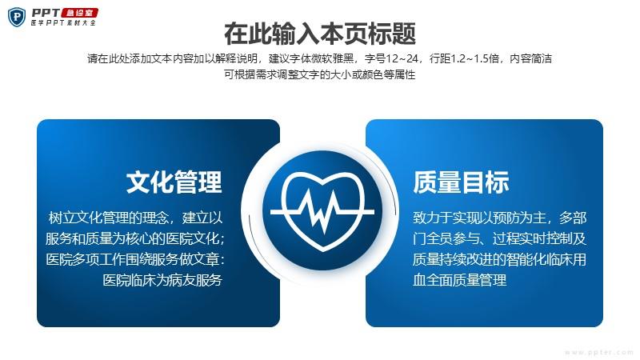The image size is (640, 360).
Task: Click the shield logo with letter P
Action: coord(17,17)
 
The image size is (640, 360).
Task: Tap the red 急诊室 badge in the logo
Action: coord(79,13)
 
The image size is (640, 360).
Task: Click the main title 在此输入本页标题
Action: coord(320,34)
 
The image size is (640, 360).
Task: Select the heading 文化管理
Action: coord(174,182)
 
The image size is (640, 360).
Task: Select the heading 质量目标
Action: coord(461,182)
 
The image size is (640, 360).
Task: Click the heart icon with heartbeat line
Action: coord(322,211)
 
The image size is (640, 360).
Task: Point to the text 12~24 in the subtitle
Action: coord(402,58)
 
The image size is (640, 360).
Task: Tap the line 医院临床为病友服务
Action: coord(162,280)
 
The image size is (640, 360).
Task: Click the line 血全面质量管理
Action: coord(459,280)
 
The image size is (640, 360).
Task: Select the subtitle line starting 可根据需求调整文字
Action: coord(319,74)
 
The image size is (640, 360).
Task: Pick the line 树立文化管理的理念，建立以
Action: coord(135,218)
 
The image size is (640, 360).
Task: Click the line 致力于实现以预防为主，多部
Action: coord(499,218)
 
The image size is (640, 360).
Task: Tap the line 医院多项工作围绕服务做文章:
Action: coord(135,259)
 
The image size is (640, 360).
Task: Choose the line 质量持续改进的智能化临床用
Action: coord(499,259)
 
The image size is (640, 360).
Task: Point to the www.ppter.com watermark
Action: coord(598,352)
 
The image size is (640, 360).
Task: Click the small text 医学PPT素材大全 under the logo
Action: coord(63,23)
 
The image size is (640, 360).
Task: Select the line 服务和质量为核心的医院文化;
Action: coord(135,238)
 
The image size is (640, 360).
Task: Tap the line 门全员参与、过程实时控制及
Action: coord(499,238)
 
